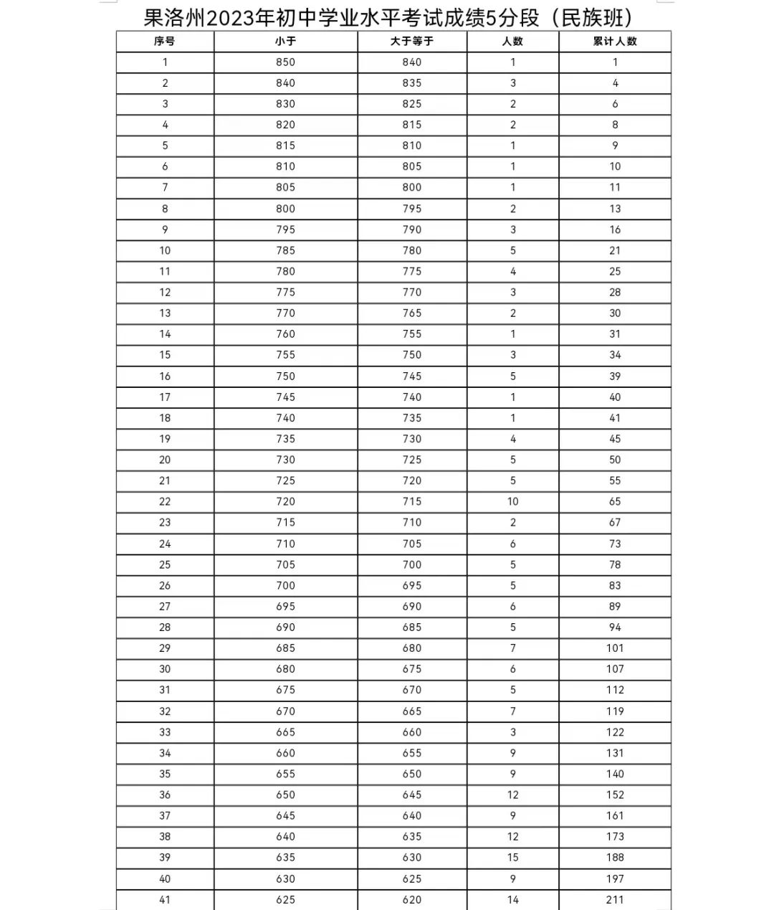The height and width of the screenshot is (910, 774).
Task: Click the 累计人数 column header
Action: pos(615,42)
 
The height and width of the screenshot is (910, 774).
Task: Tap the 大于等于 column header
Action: pos(412,42)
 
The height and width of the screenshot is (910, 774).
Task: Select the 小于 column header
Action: pos(285,42)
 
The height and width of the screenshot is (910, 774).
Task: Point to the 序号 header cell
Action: pos(165,42)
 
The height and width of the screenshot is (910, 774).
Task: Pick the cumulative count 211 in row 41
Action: pos(615,899)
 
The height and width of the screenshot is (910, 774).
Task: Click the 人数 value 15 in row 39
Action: pos(513,858)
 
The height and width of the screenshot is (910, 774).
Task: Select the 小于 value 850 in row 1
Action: pos(285,62)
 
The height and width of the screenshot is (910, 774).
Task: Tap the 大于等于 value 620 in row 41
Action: pos(412,899)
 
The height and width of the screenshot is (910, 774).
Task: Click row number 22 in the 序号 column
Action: pos(165,501)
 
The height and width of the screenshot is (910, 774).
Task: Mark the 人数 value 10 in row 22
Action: pos(513,501)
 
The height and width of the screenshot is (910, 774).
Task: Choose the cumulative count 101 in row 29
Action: pos(615,648)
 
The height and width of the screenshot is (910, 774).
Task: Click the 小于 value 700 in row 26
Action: pos(285,585)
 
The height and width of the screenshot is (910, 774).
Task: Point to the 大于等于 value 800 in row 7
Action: pos(412,187)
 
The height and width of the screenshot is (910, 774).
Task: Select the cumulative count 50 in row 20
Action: pos(615,460)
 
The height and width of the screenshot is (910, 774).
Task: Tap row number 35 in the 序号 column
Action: pos(165,774)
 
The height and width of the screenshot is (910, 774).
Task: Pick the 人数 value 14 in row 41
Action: pos(513,899)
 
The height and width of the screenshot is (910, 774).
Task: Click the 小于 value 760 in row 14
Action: pos(285,334)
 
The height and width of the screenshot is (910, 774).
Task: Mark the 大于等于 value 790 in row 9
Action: pos(412,229)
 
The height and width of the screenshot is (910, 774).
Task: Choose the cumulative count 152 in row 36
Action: pos(615,795)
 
